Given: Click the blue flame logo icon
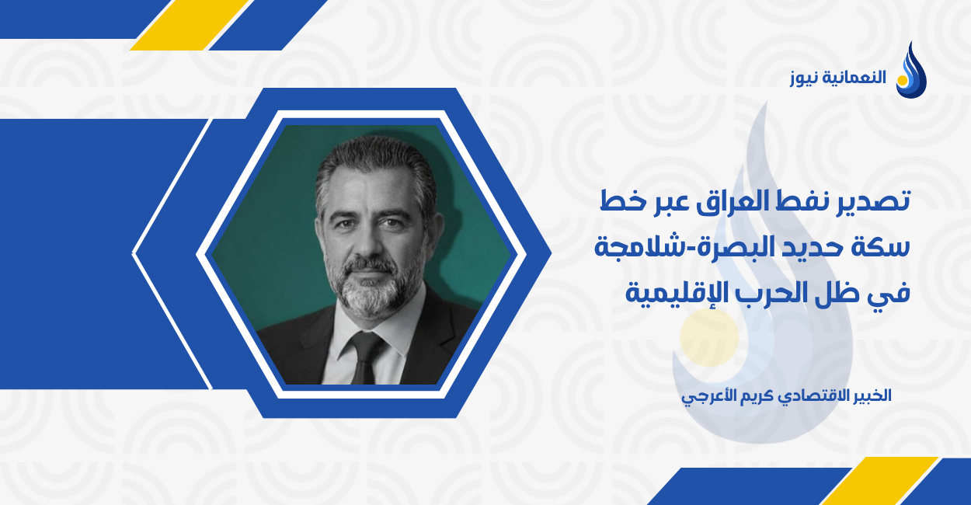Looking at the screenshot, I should coord(910,71).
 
